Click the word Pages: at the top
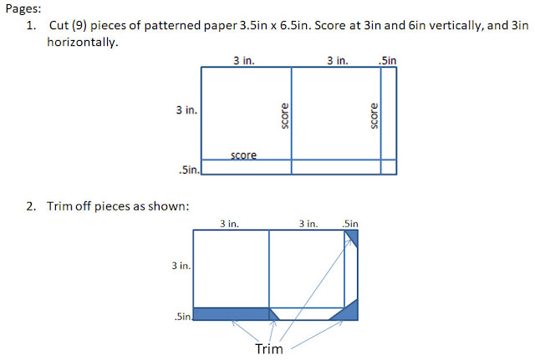(x=23, y=9)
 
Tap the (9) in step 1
(x=79, y=26)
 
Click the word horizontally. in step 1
(x=83, y=42)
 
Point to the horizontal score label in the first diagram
(x=243, y=155)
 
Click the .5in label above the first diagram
(x=387, y=61)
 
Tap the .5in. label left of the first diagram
(x=190, y=170)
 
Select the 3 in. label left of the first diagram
(x=186, y=110)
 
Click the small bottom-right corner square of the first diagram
(x=389, y=167)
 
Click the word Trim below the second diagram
(x=269, y=349)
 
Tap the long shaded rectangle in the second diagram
(x=232, y=313)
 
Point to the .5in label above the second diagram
(x=350, y=224)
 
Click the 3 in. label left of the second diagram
(x=181, y=266)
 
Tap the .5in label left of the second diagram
(x=183, y=317)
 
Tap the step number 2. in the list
(x=31, y=206)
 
